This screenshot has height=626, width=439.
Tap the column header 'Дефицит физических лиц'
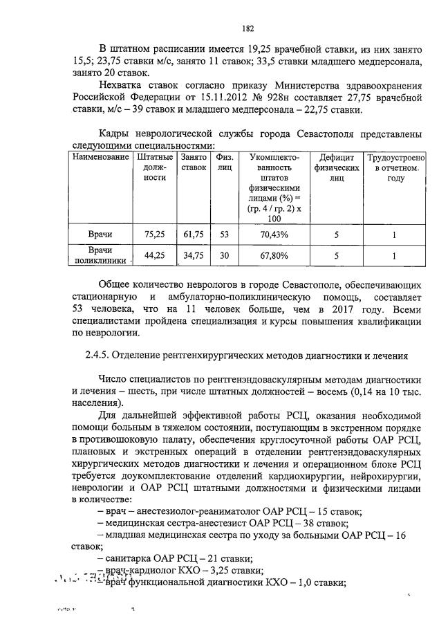click(x=337, y=167)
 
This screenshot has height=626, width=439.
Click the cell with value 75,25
click(x=155, y=234)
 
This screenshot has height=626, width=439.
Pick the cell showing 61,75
click(x=194, y=234)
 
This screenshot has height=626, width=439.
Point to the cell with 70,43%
click(x=274, y=234)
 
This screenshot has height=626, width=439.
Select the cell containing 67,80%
click(x=274, y=256)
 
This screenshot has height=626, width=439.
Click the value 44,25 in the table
click(x=155, y=256)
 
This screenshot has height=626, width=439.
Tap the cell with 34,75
click(x=194, y=256)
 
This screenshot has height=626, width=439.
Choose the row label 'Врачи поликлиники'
click(x=101, y=255)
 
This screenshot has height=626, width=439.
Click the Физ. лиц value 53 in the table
click(x=224, y=234)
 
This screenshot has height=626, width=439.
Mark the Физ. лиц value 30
click(x=224, y=256)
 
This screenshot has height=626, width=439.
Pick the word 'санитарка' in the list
click(x=127, y=558)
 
